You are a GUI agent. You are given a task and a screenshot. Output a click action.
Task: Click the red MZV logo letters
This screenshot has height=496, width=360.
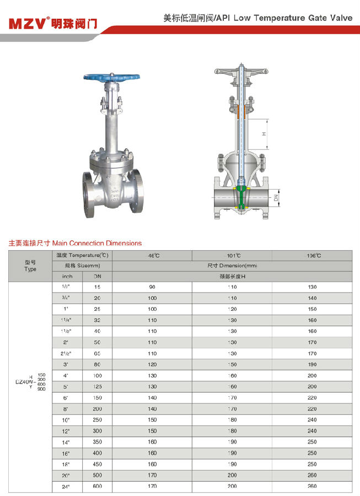tap(27, 23)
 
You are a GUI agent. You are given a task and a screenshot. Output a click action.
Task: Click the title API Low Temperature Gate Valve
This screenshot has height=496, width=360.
tap(258, 18)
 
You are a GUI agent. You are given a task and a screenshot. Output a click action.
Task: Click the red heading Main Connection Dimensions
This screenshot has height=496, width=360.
tap(75, 243)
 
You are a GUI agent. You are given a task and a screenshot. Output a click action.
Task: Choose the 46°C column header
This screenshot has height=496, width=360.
tap(153, 255)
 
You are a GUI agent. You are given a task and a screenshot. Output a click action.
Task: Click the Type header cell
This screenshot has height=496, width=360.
tap(30, 266)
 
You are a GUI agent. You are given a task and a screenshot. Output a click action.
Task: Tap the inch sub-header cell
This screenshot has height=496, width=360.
tap(67, 276)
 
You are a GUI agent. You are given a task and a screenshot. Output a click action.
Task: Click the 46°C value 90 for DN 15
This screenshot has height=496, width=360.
tap(153, 287)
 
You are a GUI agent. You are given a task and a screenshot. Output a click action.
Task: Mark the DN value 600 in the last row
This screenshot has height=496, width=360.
tap(98, 486)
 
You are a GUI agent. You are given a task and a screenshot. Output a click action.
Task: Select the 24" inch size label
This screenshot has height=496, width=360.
tap(67, 486)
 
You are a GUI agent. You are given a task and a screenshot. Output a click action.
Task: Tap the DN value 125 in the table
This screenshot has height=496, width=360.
tap(98, 386)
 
